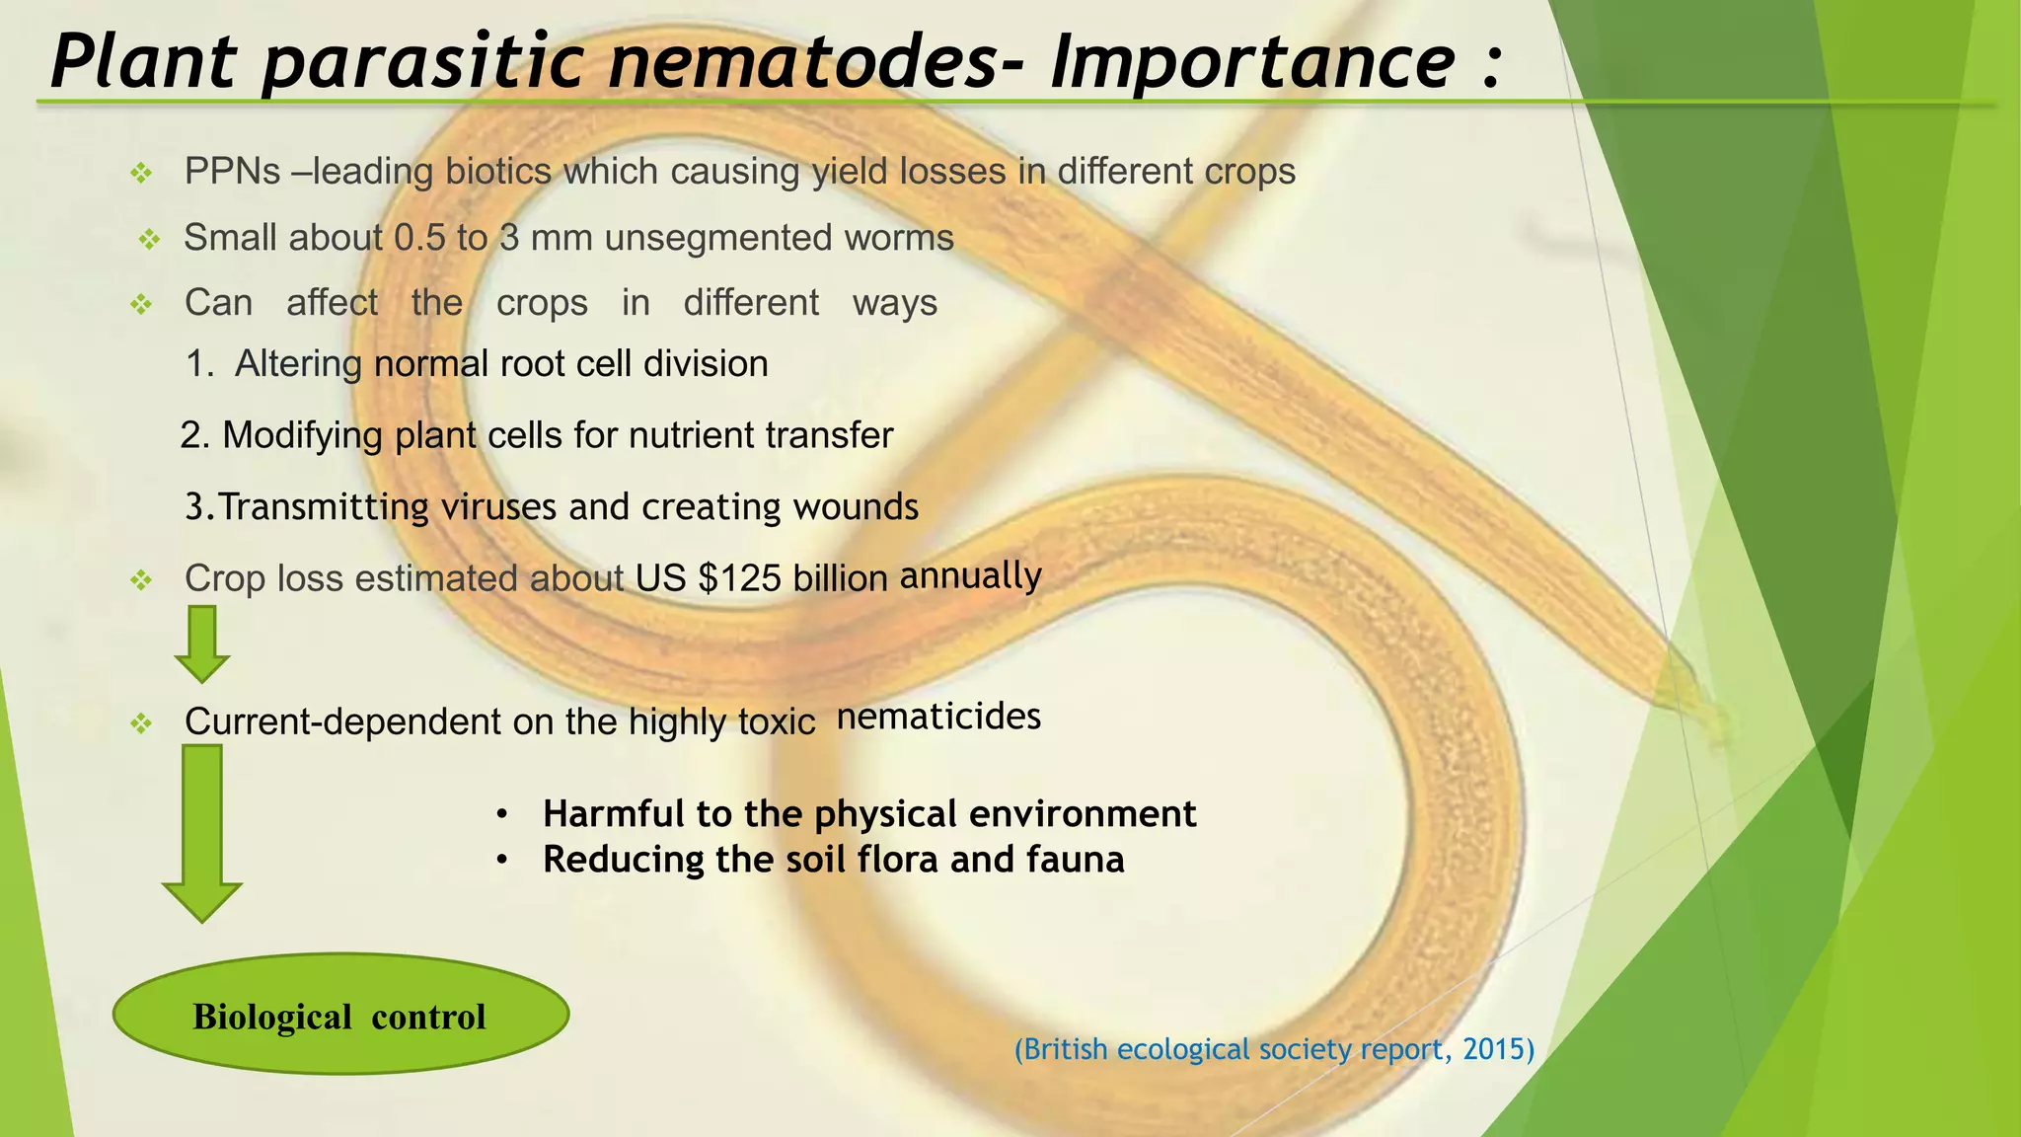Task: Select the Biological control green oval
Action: click(x=340, y=1014)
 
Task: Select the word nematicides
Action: click(x=938, y=716)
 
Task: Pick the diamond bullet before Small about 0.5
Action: click(x=149, y=240)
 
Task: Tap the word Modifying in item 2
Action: click(x=302, y=435)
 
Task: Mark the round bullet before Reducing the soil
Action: click(x=502, y=861)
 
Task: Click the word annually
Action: click(x=970, y=575)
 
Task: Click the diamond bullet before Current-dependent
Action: click(x=142, y=724)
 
